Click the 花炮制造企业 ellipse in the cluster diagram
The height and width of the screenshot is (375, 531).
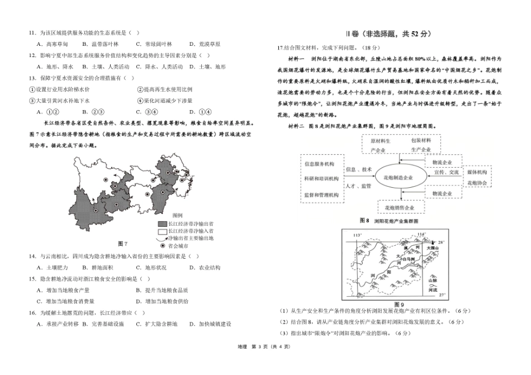click(398, 177)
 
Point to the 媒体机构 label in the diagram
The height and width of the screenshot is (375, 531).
click(477, 173)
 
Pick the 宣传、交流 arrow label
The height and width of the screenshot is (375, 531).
click(446, 173)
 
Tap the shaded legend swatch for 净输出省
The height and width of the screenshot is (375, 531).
click(162, 223)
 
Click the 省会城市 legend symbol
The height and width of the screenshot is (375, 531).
click(163, 245)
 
